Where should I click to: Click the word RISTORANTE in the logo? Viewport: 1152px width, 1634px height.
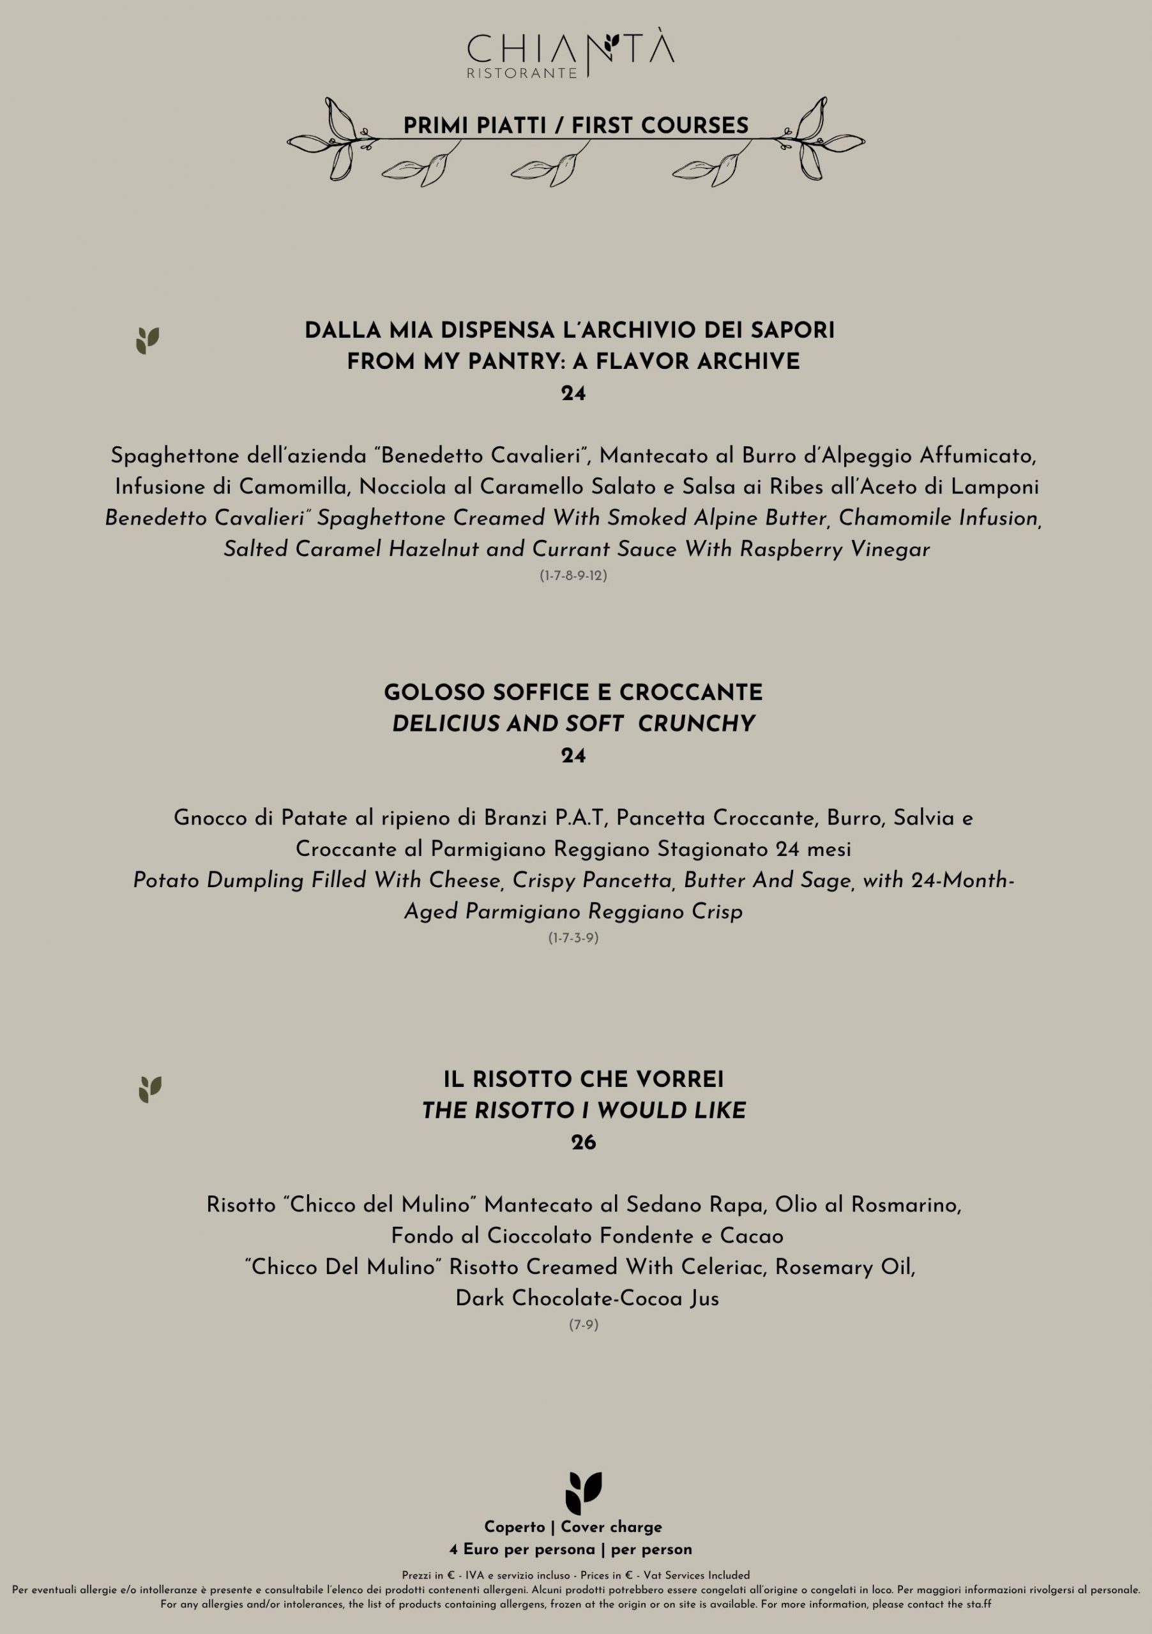point(522,73)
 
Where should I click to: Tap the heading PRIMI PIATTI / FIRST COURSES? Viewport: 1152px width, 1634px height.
point(576,126)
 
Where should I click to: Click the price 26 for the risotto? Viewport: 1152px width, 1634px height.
point(583,1143)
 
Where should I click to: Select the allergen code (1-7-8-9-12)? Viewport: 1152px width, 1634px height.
point(573,576)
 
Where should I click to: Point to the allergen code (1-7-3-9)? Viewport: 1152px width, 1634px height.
point(573,938)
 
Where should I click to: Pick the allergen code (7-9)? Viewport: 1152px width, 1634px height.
point(583,1325)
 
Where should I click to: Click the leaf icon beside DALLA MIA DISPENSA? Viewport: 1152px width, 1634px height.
point(148,341)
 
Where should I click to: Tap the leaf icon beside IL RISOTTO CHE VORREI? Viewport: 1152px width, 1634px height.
point(150,1090)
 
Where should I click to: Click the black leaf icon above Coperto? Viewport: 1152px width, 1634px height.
point(583,1493)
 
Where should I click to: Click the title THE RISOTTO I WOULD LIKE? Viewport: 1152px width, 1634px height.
point(583,1111)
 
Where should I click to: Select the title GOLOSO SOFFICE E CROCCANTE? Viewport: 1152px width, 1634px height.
point(573,693)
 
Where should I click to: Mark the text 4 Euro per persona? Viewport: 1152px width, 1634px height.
point(522,1549)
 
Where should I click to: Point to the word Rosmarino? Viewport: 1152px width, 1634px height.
point(906,1205)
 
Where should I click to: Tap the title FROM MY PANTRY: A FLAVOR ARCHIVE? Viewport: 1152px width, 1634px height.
point(573,363)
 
